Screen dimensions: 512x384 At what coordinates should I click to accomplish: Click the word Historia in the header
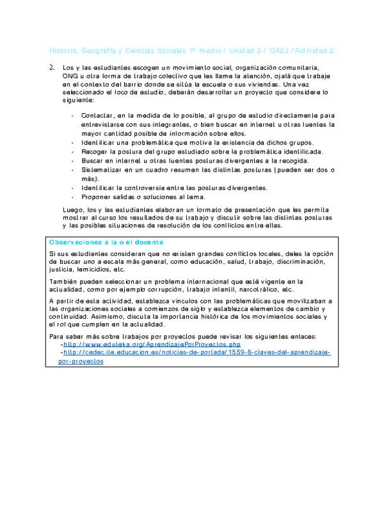click(x=62, y=50)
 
